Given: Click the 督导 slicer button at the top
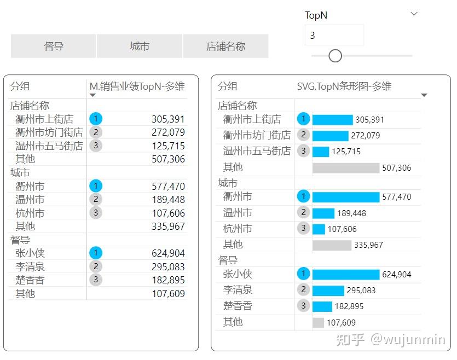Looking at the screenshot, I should (x=54, y=47).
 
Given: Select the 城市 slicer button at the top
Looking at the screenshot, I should (x=140, y=47).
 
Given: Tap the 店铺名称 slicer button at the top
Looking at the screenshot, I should (x=225, y=47).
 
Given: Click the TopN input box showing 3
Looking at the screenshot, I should (x=334, y=36).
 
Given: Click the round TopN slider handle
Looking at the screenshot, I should (x=335, y=56).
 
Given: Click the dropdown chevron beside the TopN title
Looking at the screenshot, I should (x=414, y=14).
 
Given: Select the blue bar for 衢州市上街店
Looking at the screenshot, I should (x=332, y=120).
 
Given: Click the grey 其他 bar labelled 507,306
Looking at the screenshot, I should (x=345, y=168).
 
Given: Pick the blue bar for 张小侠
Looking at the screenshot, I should (x=345, y=275).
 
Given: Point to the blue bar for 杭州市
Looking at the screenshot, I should (x=319, y=229).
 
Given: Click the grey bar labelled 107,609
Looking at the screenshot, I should (x=318, y=323).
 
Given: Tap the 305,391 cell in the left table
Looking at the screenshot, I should (x=168, y=119).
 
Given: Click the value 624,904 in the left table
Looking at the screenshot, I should (x=168, y=253).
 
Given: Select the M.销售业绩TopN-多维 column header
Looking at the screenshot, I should (x=137, y=86).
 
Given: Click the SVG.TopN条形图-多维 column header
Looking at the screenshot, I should (x=344, y=86).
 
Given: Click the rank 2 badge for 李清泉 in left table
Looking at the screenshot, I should (x=96, y=266).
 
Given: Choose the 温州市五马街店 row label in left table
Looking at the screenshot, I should (x=49, y=146).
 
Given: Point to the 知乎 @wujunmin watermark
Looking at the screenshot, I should (x=391, y=340).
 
